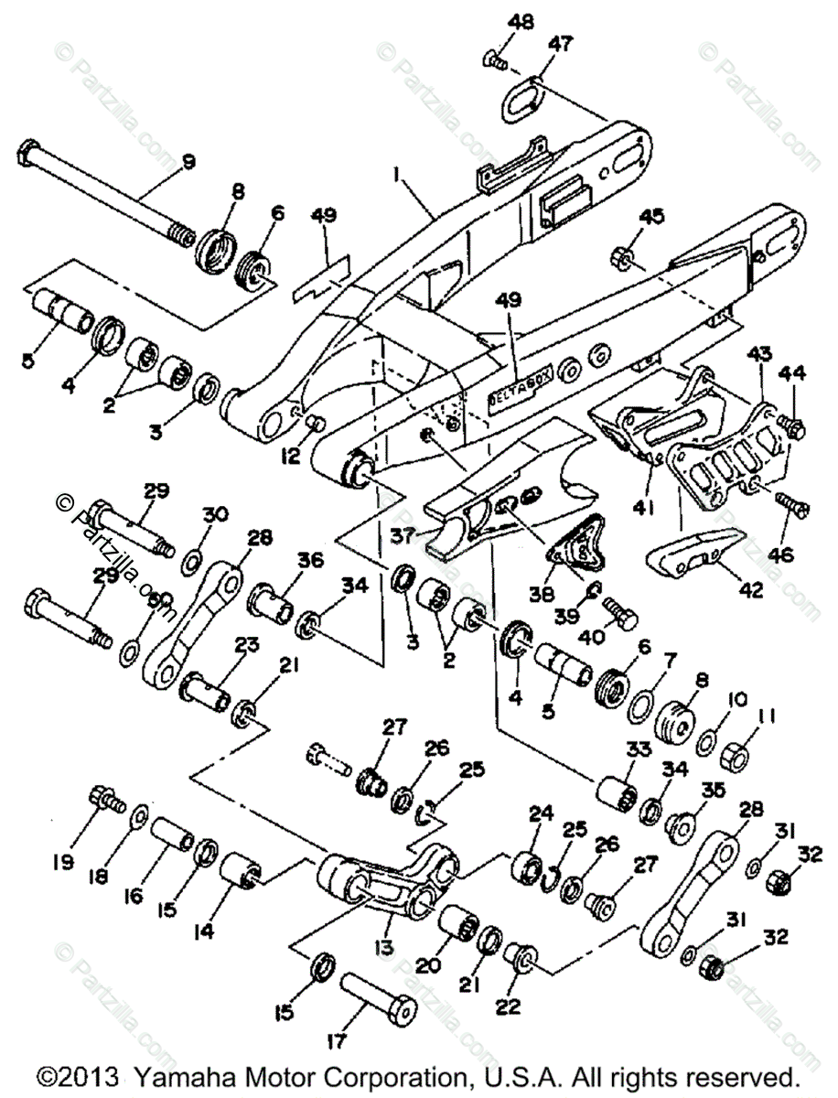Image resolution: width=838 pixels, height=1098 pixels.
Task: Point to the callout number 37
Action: (x=403, y=533)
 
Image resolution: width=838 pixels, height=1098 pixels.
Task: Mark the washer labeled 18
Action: (x=140, y=813)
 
